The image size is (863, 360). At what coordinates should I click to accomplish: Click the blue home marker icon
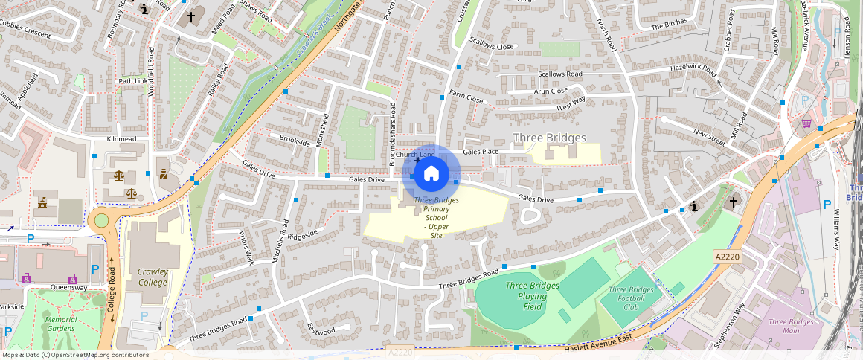click(x=431, y=174)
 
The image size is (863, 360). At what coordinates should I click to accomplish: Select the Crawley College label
click(x=153, y=277)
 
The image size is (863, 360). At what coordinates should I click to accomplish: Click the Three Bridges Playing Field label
click(x=531, y=296)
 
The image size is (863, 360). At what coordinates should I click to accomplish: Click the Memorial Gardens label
click(x=60, y=324)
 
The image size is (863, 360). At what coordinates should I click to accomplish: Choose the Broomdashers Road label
click(x=393, y=134)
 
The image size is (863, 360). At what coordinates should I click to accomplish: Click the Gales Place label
click(x=481, y=151)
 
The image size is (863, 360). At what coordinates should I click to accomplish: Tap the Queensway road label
click(x=68, y=286)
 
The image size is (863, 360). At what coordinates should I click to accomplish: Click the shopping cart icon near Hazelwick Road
click(x=806, y=123)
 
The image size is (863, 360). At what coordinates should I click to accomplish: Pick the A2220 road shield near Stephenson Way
click(x=727, y=257)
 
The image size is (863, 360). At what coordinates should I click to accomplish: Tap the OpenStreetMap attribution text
click(x=74, y=355)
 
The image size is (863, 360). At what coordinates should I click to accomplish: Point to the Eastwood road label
click(x=321, y=330)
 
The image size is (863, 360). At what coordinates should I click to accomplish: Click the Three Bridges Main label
click(x=791, y=327)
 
